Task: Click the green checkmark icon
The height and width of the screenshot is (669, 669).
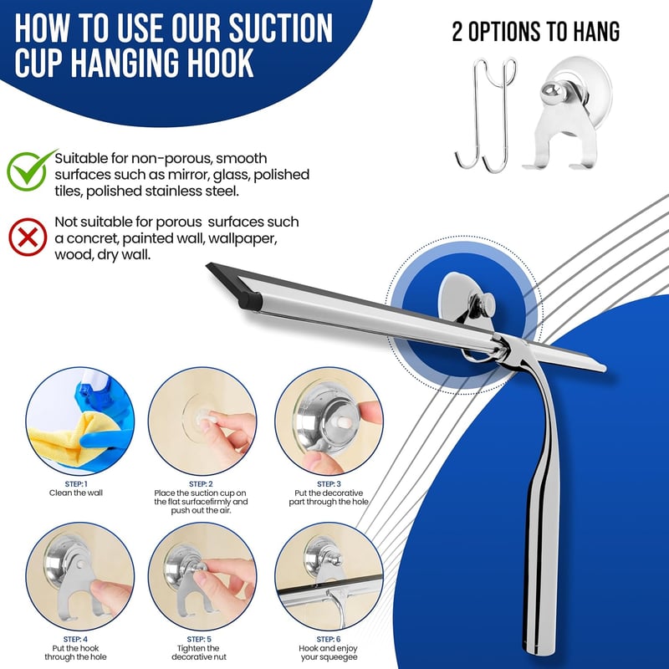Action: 28,171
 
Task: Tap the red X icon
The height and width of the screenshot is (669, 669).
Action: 28,237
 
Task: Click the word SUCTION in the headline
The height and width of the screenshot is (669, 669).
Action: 280,28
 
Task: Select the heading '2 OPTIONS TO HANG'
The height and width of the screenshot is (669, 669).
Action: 536,32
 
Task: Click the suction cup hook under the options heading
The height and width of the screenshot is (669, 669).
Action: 566,113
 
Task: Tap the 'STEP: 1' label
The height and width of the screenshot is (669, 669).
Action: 76,484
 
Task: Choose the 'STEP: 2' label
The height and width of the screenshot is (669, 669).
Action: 201,484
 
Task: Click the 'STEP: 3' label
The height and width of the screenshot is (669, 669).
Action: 329,484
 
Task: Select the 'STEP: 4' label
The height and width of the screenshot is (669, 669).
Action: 75,639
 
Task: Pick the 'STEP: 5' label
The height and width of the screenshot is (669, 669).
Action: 199,639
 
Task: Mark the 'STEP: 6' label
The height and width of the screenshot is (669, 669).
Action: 329,639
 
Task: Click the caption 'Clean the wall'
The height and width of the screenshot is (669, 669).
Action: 76,493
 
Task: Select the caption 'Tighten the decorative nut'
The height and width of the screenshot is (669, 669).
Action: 199,652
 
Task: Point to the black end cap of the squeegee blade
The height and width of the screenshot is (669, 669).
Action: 250,301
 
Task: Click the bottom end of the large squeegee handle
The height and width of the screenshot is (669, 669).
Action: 534,652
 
